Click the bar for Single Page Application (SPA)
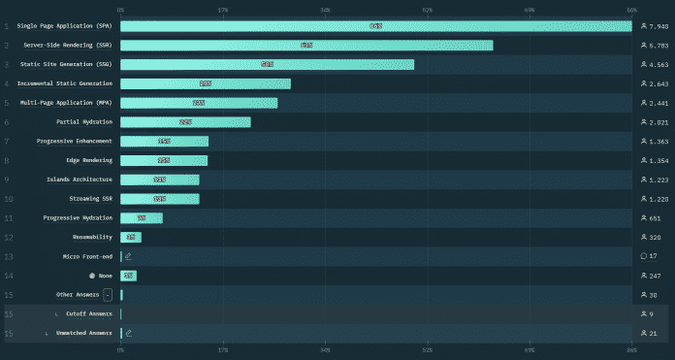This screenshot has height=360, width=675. pyautogui.click(x=375, y=26)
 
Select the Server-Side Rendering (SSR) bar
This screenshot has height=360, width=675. pyautogui.click(x=306, y=46)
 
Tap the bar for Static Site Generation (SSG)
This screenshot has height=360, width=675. pyautogui.click(x=267, y=64)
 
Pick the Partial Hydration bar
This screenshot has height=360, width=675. pyautogui.click(x=185, y=122)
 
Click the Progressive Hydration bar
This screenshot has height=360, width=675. pyautogui.click(x=142, y=218)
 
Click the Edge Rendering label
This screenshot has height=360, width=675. pyautogui.click(x=89, y=160)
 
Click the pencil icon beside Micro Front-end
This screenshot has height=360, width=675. pyautogui.click(x=128, y=256)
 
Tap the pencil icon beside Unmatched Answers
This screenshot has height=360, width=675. pyautogui.click(x=128, y=333)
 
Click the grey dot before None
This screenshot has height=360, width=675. pyautogui.click(x=92, y=276)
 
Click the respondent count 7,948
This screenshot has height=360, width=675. pyautogui.click(x=657, y=26)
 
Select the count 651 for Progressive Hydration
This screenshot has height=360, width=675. pyautogui.click(x=655, y=218)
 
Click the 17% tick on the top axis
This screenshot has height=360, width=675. pyautogui.click(x=222, y=9)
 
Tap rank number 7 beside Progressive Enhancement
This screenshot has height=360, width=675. pyautogui.click(x=7, y=142)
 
